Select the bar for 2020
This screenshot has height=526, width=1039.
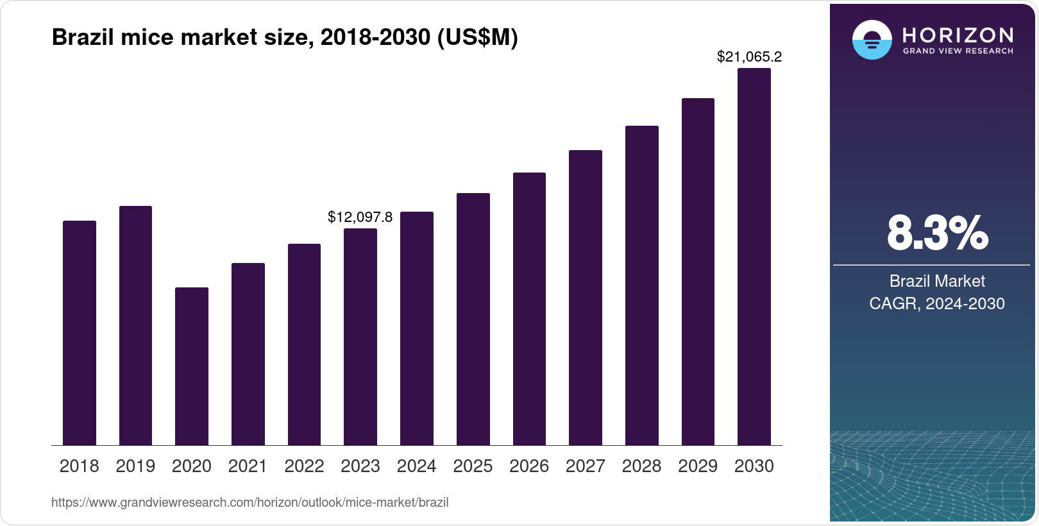point(192,366)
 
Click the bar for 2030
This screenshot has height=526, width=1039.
point(754,257)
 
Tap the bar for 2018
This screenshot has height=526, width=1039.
point(80,333)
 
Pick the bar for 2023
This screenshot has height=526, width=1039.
point(360,337)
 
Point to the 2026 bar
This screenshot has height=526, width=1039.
point(529,309)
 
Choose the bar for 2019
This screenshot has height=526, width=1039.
point(135,325)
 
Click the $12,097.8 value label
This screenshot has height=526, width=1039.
point(360,217)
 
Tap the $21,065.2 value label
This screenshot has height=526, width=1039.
point(749,56)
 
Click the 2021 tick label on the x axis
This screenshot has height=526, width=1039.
point(248,466)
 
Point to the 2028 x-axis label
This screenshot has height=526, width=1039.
point(641,466)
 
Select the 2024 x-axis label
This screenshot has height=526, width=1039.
point(416,466)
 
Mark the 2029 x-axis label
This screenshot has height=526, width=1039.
point(698,466)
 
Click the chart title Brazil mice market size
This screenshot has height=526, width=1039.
point(284,37)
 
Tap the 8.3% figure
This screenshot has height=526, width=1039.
point(937,233)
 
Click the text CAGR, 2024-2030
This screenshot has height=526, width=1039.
point(936,303)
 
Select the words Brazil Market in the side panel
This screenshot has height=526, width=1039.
point(936,281)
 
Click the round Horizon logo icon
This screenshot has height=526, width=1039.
point(872,40)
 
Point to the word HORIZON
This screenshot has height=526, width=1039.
point(958,35)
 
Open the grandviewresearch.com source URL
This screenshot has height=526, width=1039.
point(249,502)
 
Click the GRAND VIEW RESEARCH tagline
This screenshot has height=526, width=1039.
point(958,51)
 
